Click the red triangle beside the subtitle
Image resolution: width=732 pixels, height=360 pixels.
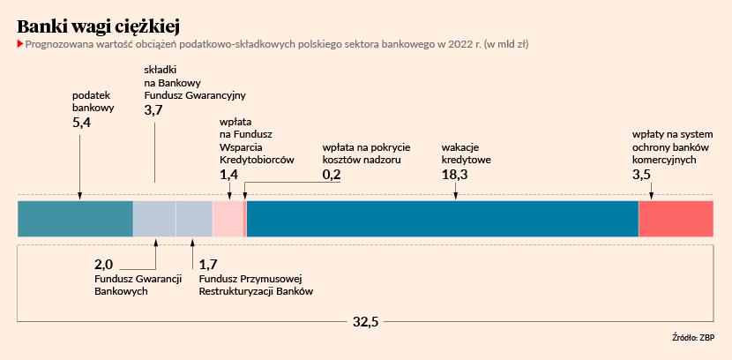(19, 43)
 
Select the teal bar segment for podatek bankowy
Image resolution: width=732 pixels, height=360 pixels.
(75, 219)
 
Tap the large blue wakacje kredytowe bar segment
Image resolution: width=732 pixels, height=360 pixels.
(441, 219)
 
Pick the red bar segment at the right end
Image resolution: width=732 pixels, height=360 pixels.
(676, 219)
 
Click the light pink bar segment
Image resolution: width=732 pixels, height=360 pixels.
(228, 219)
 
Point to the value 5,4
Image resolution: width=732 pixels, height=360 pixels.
(81, 123)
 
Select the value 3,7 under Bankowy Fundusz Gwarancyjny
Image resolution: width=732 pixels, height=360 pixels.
(153, 109)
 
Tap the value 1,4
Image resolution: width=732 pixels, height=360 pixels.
(228, 175)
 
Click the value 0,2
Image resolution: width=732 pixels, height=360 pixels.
(332, 175)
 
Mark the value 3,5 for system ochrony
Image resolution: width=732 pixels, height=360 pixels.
(642, 175)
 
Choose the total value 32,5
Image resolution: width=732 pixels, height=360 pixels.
(365, 322)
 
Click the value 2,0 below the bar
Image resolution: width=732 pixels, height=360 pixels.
(103, 264)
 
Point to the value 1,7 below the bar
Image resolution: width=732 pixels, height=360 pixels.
(208, 264)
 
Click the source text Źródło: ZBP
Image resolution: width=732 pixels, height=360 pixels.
(693, 338)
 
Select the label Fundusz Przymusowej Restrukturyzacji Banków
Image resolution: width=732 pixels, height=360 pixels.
(256, 285)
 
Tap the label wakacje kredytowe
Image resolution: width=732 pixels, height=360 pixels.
(466, 154)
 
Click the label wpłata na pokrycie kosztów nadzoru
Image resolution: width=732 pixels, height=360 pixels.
(367, 154)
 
